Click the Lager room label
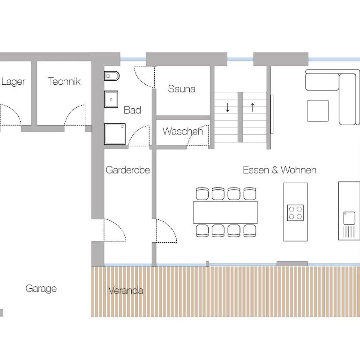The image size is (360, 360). click(13, 82)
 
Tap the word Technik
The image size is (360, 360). click(64, 81)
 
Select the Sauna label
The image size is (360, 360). click(181, 89)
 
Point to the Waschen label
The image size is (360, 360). click(182, 131)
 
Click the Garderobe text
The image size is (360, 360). click(127, 170)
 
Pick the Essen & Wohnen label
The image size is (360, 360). click(280, 170)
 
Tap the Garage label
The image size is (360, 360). click(41, 289)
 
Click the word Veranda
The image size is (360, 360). click(126, 291)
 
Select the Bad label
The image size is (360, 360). click(132, 110)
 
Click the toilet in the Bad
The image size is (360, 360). click(112, 76)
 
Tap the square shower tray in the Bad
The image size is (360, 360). click(115, 134)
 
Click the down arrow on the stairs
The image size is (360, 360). click(227, 107)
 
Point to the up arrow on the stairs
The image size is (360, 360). click(253, 107)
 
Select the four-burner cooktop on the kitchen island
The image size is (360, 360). click(295, 213)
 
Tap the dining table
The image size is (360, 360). click(225, 212)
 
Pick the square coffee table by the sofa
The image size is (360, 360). click(318, 111)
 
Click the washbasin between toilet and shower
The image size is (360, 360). click(111, 99)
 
